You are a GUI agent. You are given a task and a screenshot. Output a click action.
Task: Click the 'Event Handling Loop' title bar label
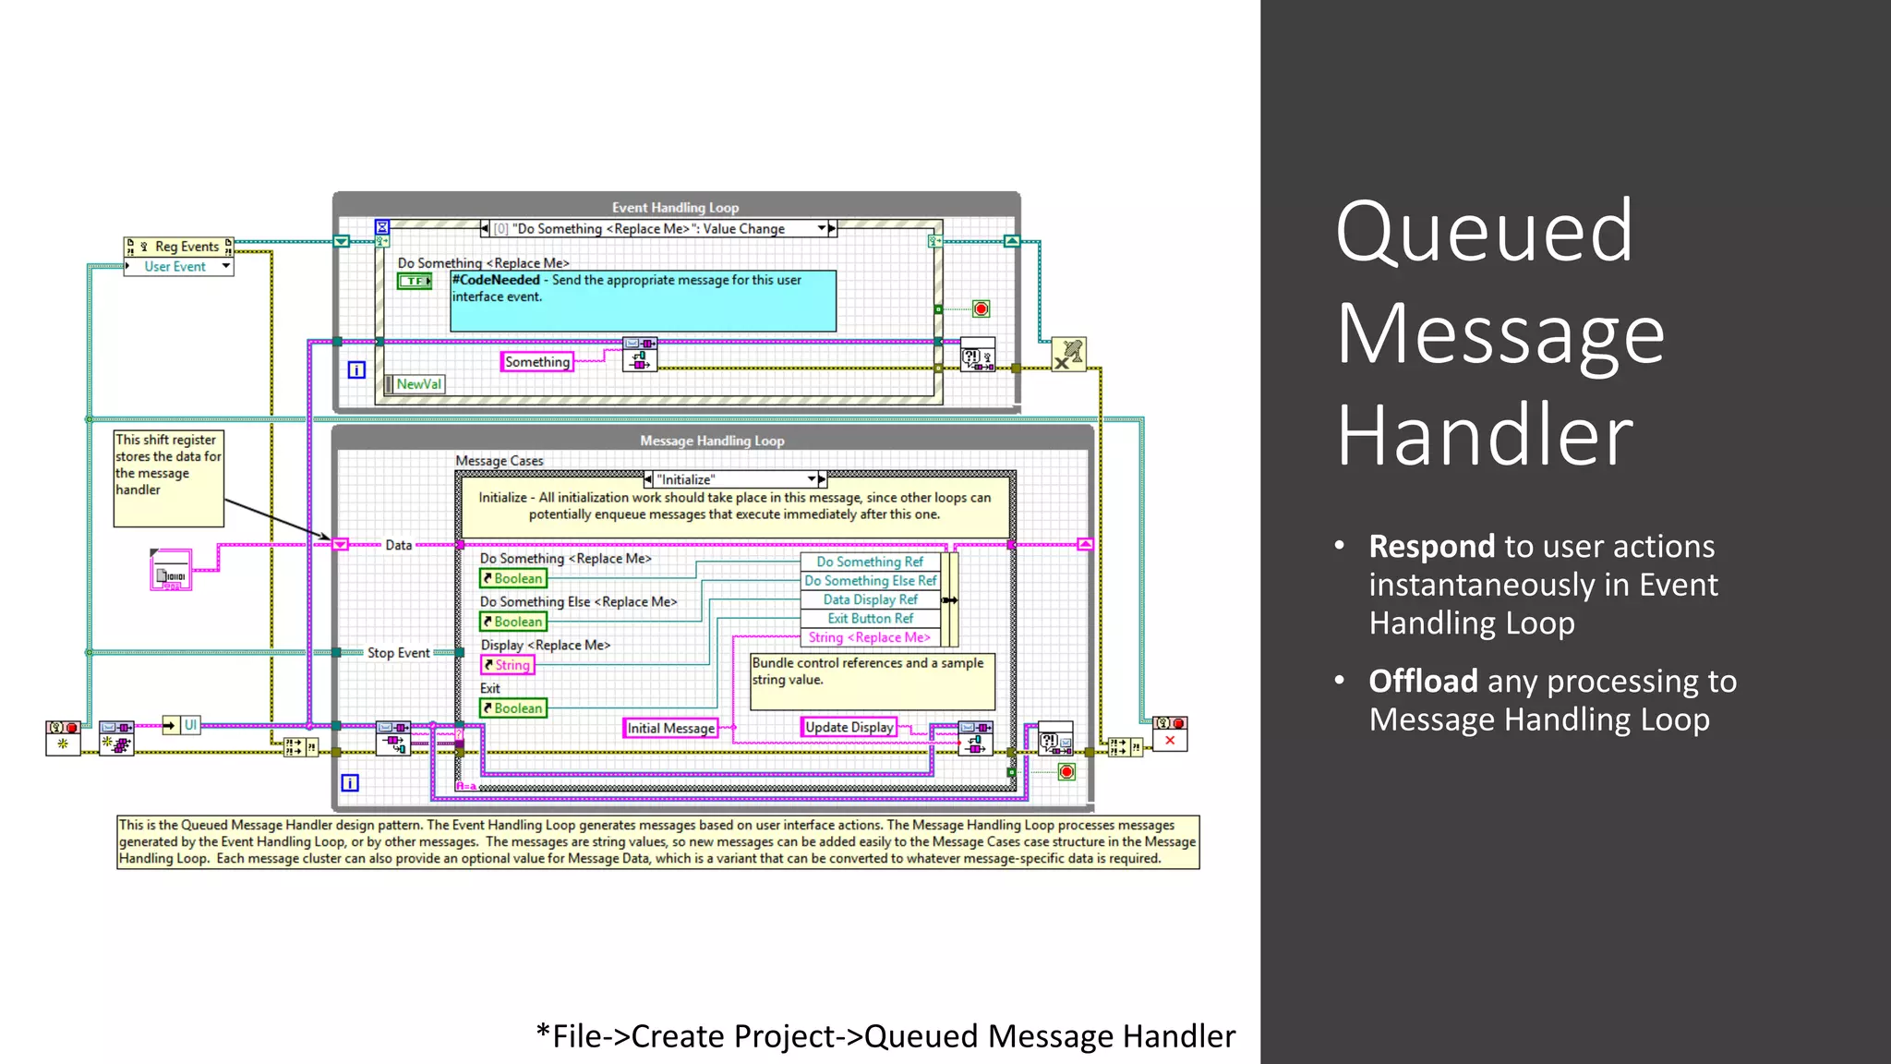(675, 208)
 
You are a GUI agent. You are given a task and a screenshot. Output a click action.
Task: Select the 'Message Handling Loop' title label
(712, 441)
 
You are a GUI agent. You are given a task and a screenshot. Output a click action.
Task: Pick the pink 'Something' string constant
(536, 362)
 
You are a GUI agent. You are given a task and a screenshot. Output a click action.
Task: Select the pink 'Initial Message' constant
(670, 729)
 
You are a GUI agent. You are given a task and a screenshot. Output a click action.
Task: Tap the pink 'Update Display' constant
(849, 728)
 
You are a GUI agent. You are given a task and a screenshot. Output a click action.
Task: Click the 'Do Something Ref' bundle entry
(869, 562)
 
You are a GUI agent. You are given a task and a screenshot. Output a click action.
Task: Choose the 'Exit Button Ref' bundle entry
(870, 619)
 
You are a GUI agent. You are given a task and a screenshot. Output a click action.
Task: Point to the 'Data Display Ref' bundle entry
(870, 599)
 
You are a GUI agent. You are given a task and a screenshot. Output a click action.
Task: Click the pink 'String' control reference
(507, 665)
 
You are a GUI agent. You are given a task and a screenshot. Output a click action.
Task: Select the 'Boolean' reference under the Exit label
(513, 708)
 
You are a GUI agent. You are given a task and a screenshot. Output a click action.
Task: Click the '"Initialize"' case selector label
(685, 480)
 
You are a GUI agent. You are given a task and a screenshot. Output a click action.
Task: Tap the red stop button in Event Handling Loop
(981, 309)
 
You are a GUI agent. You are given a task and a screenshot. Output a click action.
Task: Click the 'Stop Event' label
(398, 653)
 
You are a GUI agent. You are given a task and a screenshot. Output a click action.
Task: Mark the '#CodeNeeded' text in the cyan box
(496, 280)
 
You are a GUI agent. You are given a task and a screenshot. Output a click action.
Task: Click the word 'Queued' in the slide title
(1484, 232)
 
